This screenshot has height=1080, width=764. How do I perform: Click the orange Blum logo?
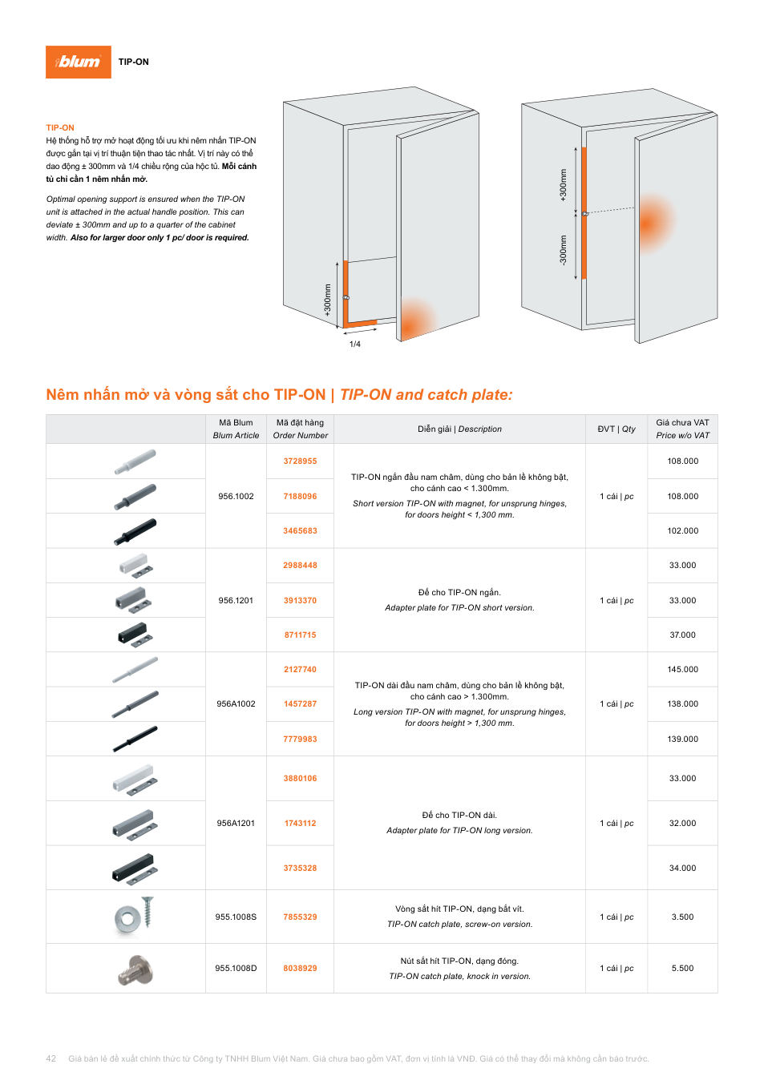tap(78, 62)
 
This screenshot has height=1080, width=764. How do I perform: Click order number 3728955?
tap(300, 461)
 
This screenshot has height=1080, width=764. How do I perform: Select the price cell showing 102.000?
tap(682, 530)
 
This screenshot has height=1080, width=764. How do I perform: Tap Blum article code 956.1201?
tap(236, 600)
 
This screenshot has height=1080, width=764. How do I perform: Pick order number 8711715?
tap(300, 635)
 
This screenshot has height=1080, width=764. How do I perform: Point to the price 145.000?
tap(682, 669)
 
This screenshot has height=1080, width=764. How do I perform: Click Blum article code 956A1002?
tap(236, 704)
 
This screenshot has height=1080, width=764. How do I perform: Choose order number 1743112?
tap(300, 823)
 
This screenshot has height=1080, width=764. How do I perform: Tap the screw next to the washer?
tap(148, 911)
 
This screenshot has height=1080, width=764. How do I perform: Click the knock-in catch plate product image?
tap(135, 969)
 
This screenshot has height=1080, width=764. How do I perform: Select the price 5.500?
tap(682, 968)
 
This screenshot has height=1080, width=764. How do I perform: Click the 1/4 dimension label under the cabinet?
tap(355, 344)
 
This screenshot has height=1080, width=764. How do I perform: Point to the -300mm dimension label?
tap(563, 250)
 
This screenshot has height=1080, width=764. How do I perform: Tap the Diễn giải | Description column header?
tap(459, 429)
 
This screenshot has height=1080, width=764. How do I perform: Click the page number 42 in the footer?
tap(51, 1058)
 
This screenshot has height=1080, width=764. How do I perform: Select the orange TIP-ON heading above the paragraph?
tap(60, 127)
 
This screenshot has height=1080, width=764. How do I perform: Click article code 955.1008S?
tap(236, 917)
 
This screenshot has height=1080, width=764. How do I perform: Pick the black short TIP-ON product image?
tap(135, 531)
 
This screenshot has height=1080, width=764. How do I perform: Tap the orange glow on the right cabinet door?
tap(654, 223)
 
